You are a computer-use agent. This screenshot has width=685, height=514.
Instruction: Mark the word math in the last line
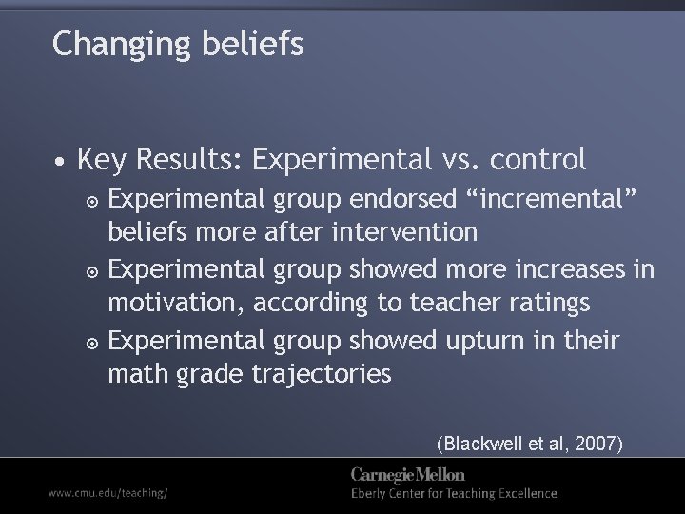(138, 375)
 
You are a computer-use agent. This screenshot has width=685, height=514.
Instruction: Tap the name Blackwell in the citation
(481, 443)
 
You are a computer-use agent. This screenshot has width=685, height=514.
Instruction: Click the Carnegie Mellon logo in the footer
(407, 474)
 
